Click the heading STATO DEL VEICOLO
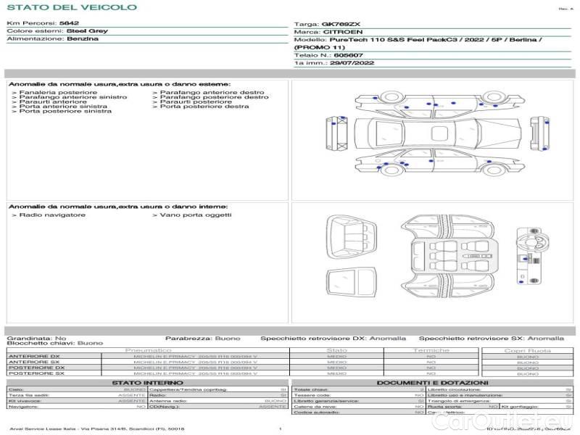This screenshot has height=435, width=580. tap(71, 7)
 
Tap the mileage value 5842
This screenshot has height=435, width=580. tap(69, 23)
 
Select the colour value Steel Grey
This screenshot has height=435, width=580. tap(87, 31)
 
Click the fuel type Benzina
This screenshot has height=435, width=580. tap(82, 39)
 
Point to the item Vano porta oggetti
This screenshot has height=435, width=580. tap(195, 215)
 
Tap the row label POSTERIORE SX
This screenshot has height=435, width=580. tap(36, 373)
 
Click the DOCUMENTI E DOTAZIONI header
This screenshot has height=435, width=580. tap(432, 383)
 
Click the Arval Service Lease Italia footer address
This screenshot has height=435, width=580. tap(96, 429)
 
